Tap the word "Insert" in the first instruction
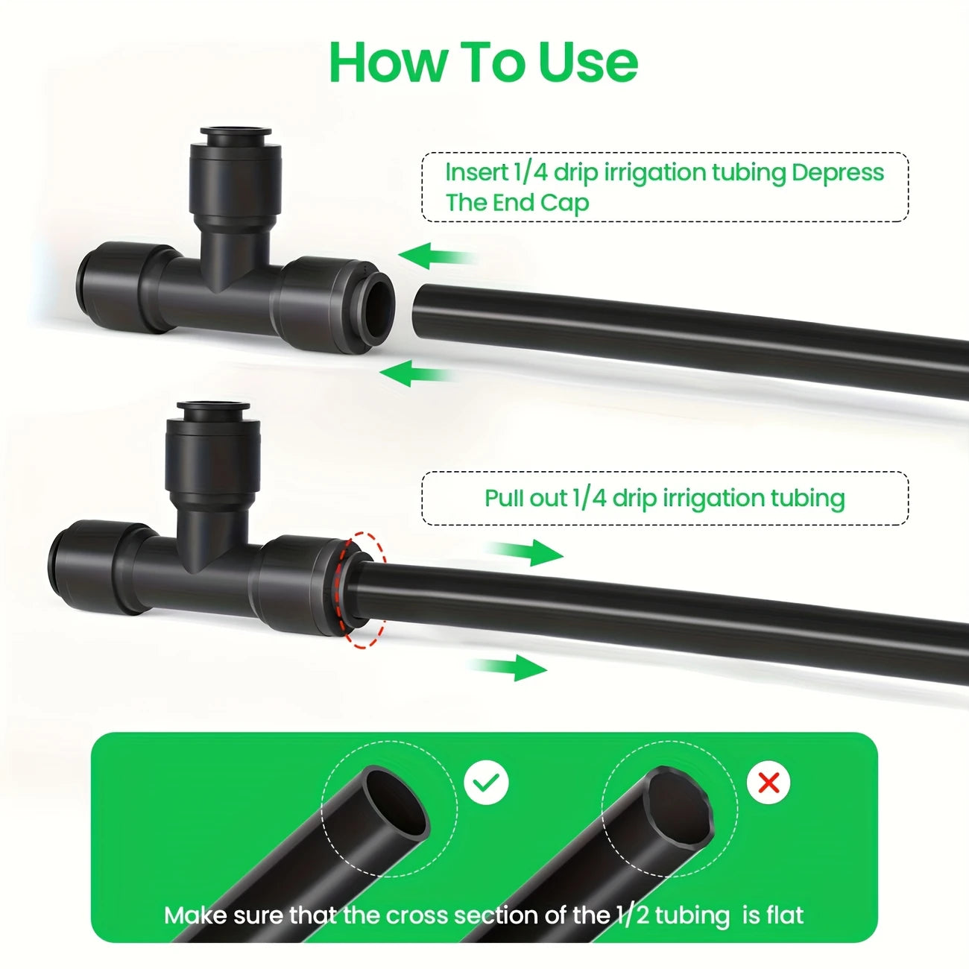pyautogui.click(x=476, y=172)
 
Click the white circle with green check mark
pyautogui.click(x=486, y=783)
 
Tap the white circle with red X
pyautogui.click(x=768, y=783)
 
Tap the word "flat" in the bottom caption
pyautogui.click(x=782, y=915)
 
